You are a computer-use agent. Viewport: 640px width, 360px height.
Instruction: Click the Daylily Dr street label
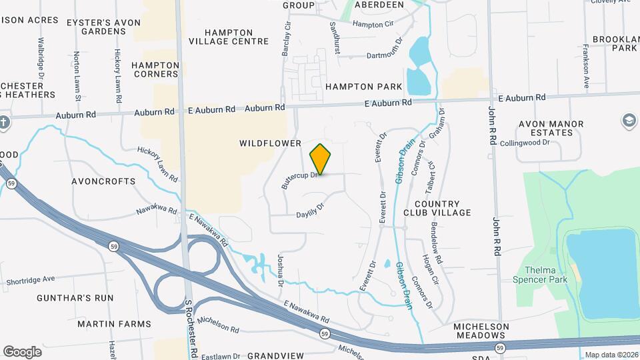(309, 210)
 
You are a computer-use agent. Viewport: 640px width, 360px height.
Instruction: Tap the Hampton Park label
(364, 87)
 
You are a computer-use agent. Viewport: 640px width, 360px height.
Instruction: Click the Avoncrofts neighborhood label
(103, 181)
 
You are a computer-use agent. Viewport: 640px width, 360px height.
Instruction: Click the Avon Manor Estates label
(551, 128)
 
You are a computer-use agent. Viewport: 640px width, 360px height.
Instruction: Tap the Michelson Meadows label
(481, 331)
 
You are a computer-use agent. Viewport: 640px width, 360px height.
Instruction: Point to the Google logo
(22, 351)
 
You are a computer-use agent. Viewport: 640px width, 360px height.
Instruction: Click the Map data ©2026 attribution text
(611, 355)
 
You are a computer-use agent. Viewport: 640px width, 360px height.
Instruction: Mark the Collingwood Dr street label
(525, 142)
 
